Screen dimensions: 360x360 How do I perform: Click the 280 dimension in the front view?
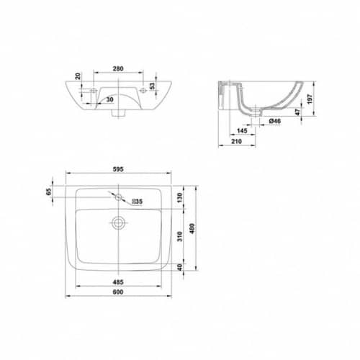(118, 68)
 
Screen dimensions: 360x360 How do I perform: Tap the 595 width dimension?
(118, 169)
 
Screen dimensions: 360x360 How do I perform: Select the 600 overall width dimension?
(118, 292)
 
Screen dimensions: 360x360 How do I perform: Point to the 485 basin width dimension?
(118, 282)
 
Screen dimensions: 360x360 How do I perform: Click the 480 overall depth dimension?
(192, 228)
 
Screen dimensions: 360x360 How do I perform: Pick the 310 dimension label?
(180, 237)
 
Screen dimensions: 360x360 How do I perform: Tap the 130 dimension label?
(180, 197)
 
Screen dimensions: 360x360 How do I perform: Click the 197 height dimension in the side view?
(310, 99)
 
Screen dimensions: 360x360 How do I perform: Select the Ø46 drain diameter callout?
(275, 121)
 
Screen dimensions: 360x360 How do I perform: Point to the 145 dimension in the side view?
(242, 131)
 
